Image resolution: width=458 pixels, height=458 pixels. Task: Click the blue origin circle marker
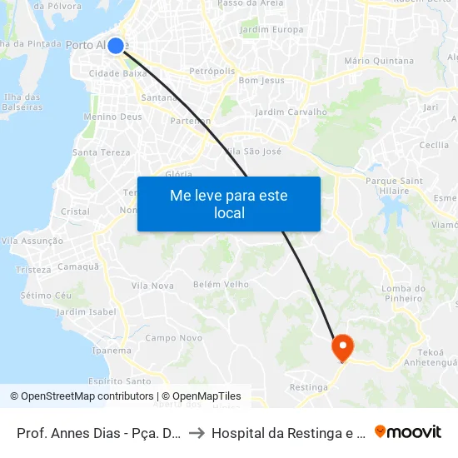(x=116, y=46)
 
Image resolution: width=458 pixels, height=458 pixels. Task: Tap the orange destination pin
(x=342, y=346)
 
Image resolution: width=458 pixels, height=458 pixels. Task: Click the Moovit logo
(x=408, y=432)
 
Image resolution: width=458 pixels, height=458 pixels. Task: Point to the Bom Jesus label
(x=261, y=81)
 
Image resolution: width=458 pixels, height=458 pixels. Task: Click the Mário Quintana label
(x=378, y=61)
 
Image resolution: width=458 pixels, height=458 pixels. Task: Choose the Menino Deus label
(x=112, y=117)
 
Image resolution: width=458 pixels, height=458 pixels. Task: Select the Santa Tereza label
(x=102, y=152)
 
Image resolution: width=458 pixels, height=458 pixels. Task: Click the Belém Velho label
(x=221, y=284)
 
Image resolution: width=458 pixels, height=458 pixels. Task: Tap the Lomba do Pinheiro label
(x=403, y=294)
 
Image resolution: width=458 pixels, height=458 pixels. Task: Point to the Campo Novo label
(x=173, y=338)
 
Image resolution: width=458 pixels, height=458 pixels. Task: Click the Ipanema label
(x=111, y=351)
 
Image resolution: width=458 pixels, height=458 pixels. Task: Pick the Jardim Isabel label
(x=86, y=312)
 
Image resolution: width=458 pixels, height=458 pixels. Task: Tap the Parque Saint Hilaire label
(x=394, y=186)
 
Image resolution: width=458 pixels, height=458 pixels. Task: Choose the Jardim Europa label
(x=271, y=30)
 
